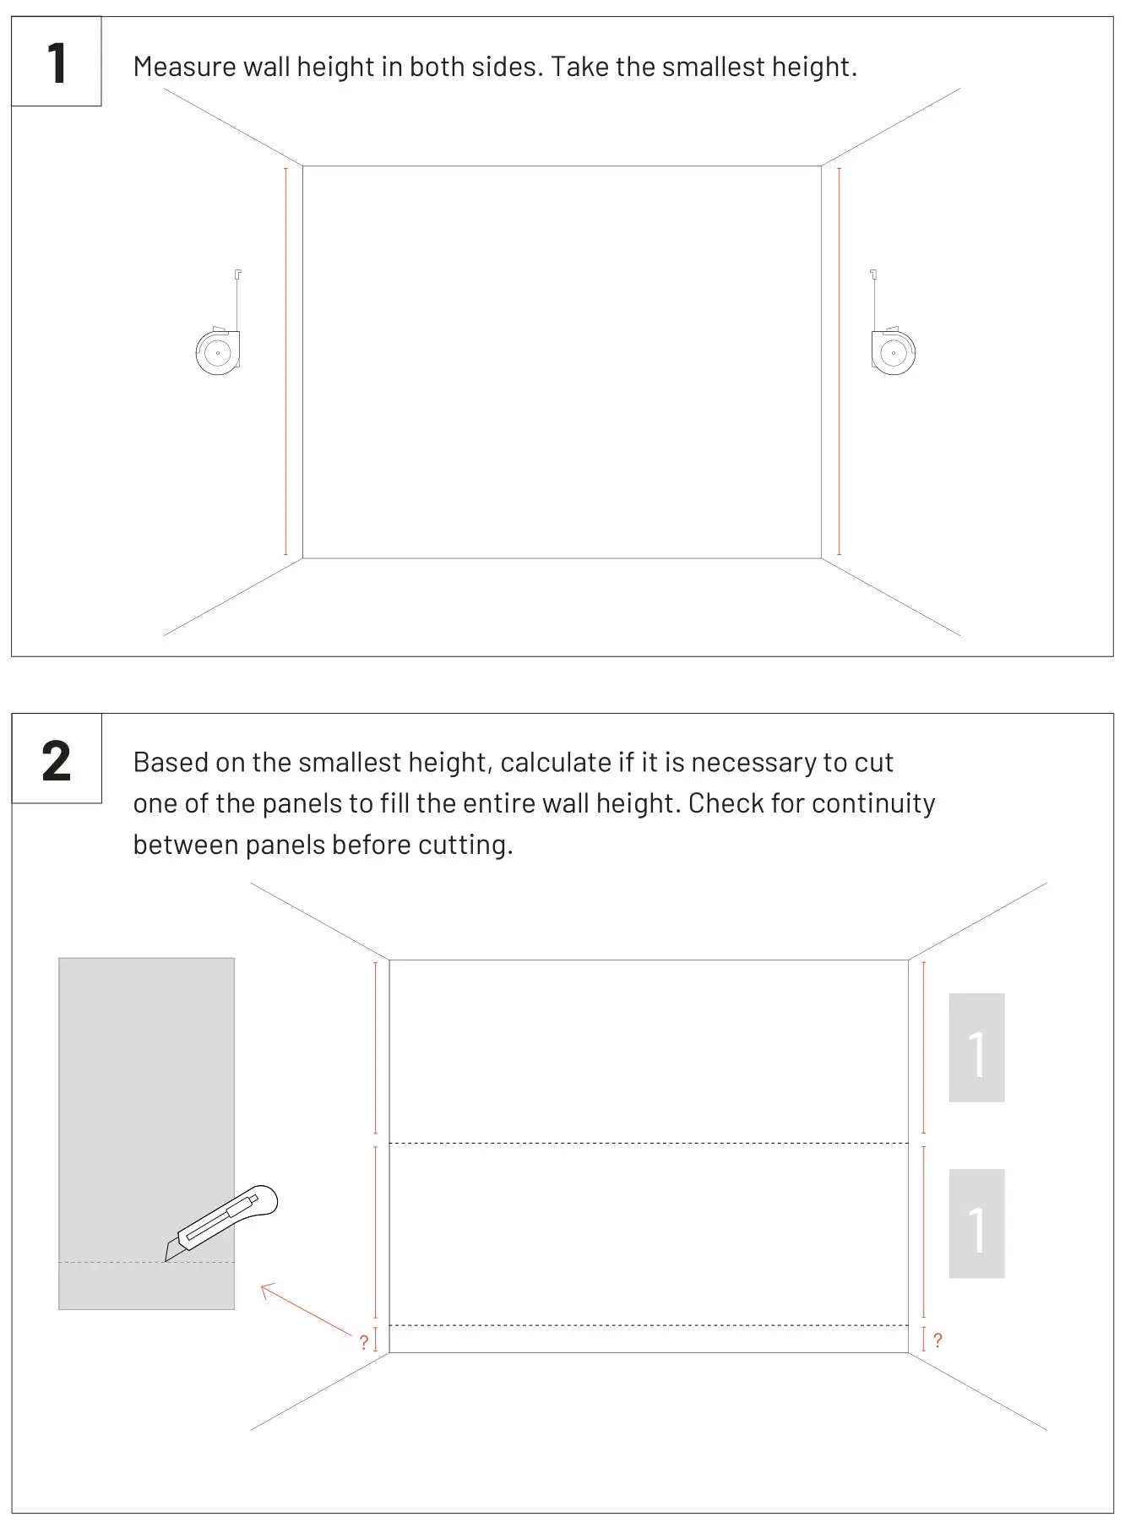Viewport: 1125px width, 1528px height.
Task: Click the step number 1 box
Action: pyautogui.click(x=57, y=62)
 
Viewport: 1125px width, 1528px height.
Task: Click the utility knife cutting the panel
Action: pyautogui.click(x=223, y=1223)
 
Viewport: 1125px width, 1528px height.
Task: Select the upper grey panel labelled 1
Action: pyautogui.click(x=976, y=1047)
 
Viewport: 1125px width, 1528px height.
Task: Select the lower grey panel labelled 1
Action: pyautogui.click(x=976, y=1223)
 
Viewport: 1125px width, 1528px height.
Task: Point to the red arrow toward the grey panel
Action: pyautogui.click(x=304, y=1308)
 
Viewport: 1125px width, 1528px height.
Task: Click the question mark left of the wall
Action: pyautogui.click(x=364, y=1342)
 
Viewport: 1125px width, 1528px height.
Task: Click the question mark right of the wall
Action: pyautogui.click(x=937, y=1340)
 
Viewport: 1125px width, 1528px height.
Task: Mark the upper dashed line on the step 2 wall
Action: pyautogui.click(x=648, y=1143)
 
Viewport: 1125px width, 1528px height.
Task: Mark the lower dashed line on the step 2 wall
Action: pyautogui.click(x=648, y=1325)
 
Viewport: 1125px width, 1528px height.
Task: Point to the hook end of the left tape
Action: pyautogui.click(x=238, y=274)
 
